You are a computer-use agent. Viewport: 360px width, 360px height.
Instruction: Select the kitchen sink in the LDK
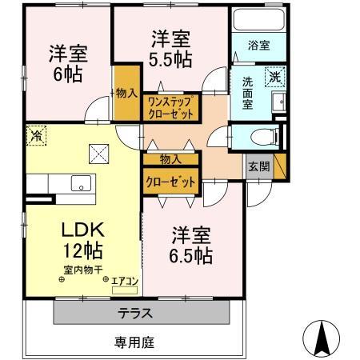[x=79, y=183]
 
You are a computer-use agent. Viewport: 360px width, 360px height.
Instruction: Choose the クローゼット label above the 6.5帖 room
[x=170, y=182]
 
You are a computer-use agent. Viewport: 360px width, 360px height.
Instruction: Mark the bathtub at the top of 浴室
[x=259, y=19]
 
